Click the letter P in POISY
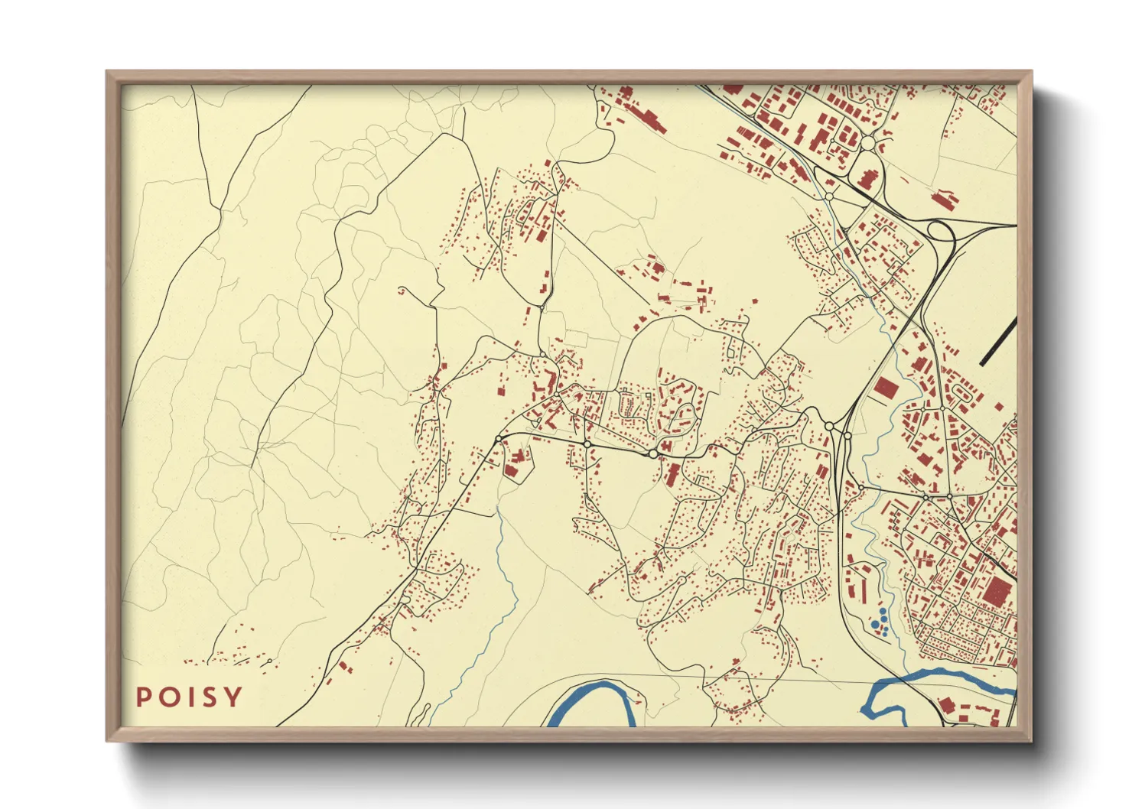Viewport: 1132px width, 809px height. [143, 697]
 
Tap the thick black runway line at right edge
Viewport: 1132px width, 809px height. [998, 341]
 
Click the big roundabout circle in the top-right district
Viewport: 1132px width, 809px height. [868, 143]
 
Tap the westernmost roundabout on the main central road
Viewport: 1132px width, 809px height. [499, 439]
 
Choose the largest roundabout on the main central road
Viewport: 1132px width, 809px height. [652, 454]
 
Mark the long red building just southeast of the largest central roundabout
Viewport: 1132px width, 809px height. [672, 473]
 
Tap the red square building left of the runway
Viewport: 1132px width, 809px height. [885, 387]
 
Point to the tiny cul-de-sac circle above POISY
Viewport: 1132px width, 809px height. [272, 660]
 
